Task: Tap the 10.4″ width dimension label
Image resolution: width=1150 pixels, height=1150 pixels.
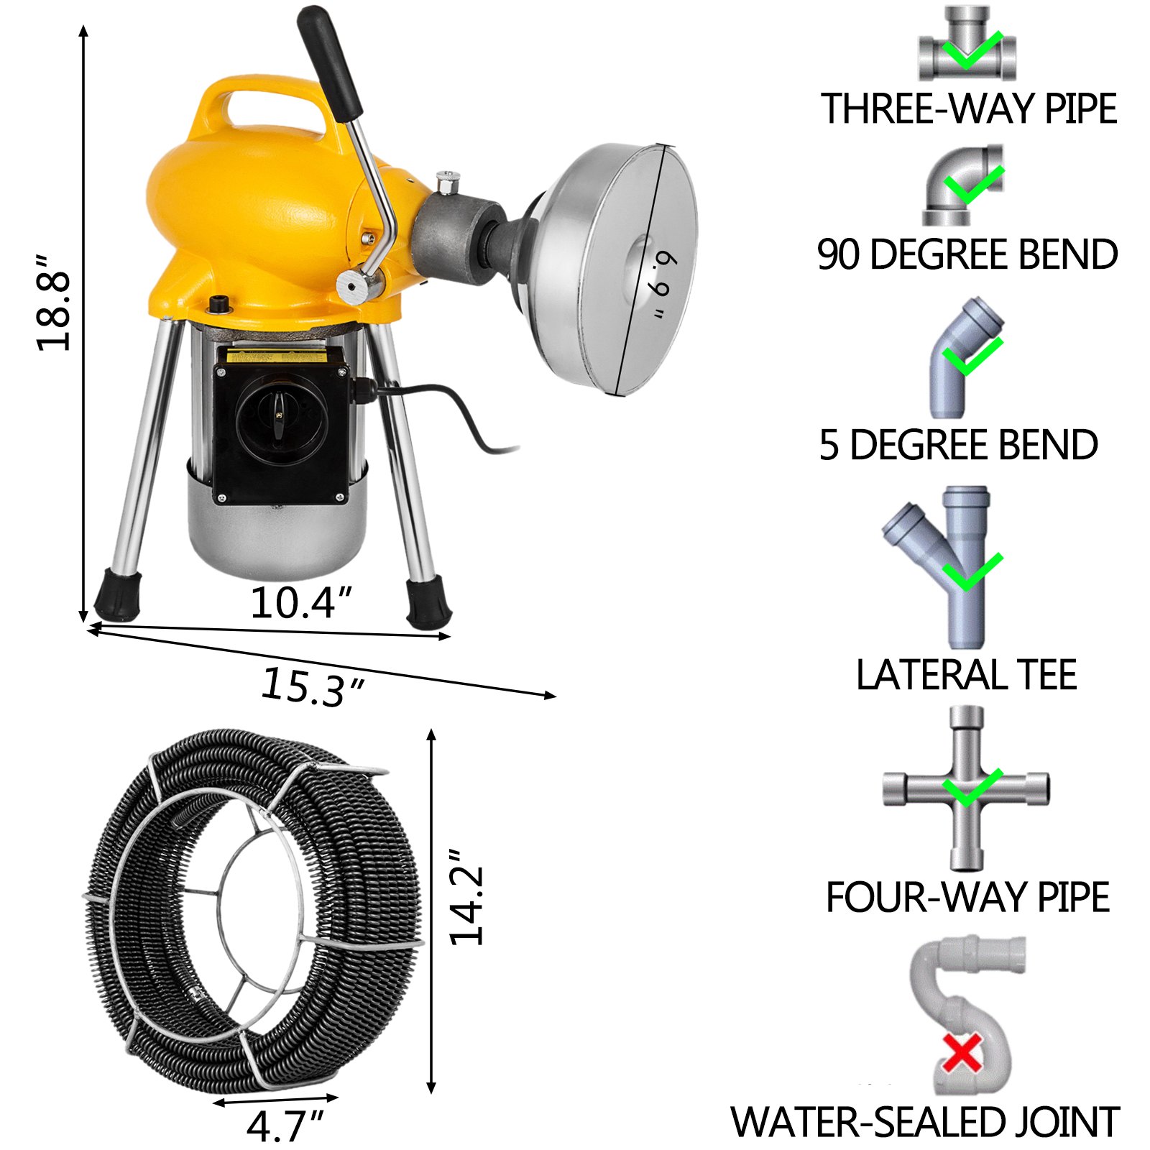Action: [301, 602]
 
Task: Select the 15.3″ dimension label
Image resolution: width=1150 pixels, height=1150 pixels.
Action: [312, 687]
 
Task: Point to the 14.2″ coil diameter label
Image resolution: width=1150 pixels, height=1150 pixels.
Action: [467, 906]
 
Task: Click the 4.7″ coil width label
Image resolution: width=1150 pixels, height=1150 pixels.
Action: [285, 1126]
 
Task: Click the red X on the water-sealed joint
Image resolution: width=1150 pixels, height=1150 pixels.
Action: [962, 1054]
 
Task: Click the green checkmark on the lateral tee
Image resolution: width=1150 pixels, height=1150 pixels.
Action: [972, 571]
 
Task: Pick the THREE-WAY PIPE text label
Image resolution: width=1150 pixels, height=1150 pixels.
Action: [968, 109]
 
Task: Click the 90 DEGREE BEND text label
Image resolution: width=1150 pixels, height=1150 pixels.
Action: [967, 254]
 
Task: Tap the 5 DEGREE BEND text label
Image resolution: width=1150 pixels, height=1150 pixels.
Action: [958, 445]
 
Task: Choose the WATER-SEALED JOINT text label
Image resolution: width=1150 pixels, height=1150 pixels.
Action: [925, 1122]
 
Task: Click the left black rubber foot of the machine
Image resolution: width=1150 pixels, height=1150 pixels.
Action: [116, 594]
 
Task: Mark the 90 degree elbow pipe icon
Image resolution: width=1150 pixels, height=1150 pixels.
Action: [962, 185]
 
